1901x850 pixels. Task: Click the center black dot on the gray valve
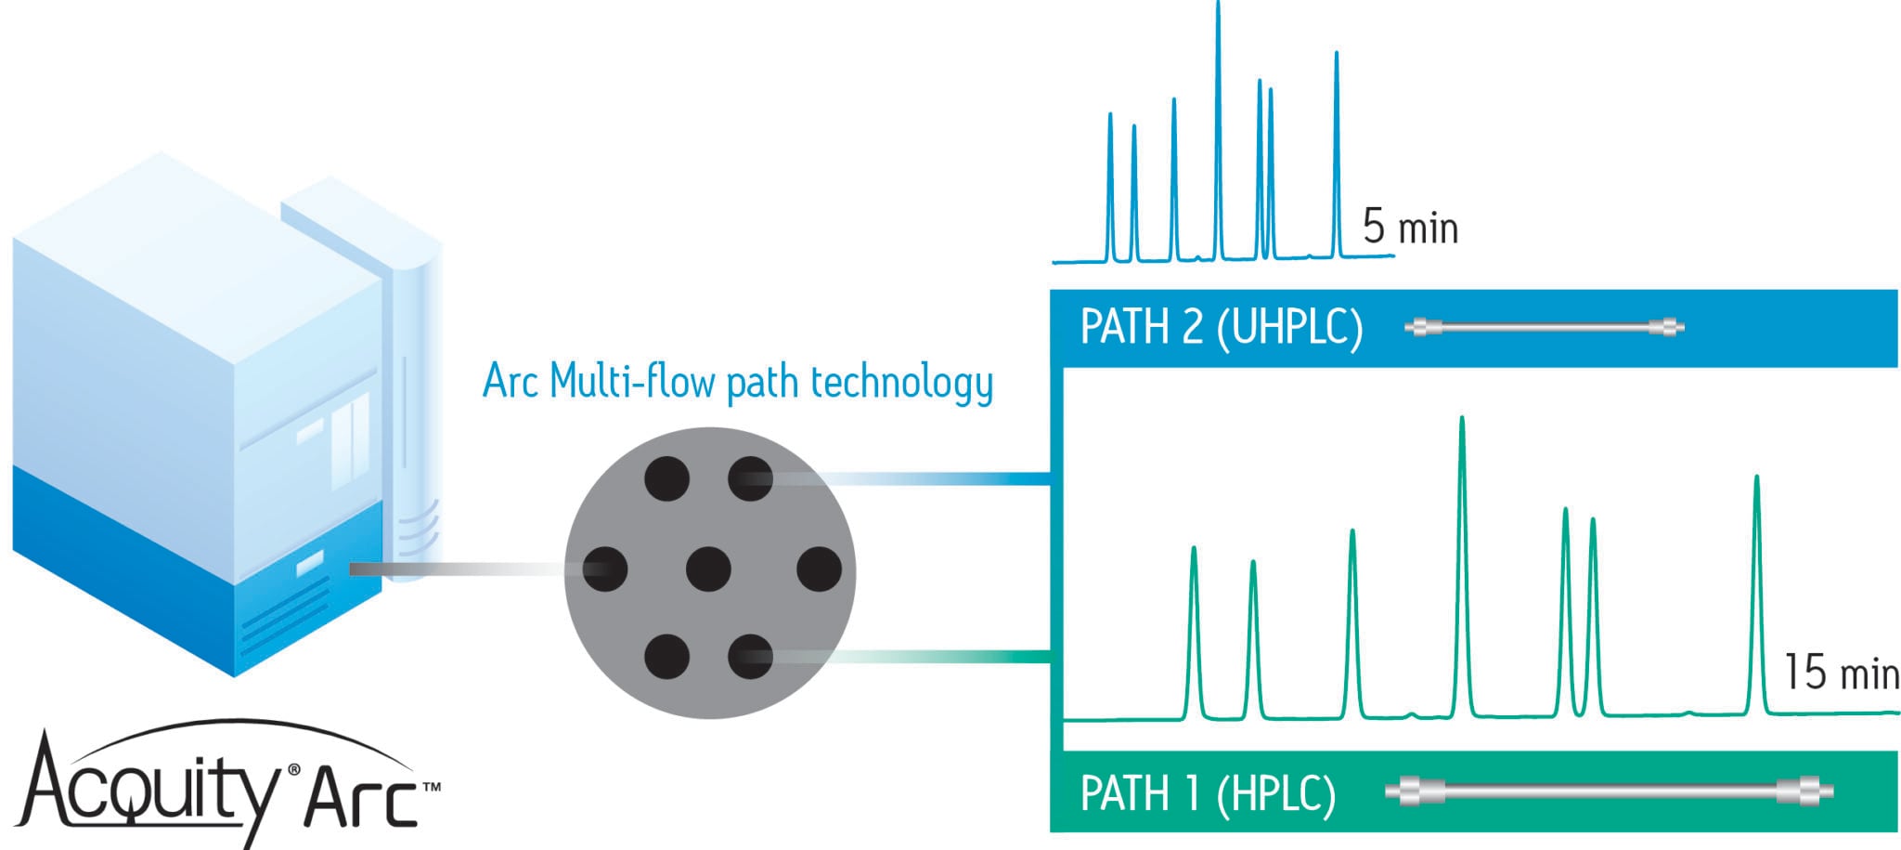[x=708, y=569]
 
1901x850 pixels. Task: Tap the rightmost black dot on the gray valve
[x=819, y=569]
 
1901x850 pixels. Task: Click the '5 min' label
[x=1410, y=228]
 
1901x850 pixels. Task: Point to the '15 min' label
[x=1841, y=673]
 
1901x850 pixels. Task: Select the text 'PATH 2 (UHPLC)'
[x=1222, y=328]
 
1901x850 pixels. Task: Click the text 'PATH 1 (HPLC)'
[x=1208, y=794]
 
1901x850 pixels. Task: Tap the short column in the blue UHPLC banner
[x=1545, y=327]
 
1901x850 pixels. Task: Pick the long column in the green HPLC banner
[x=1609, y=791]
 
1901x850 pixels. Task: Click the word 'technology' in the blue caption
[x=901, y=382]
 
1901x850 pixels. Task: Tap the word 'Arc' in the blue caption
[x=510, y=381]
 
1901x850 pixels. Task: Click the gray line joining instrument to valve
[x=464, y=569]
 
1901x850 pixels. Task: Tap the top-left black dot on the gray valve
[x=666, y=479]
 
